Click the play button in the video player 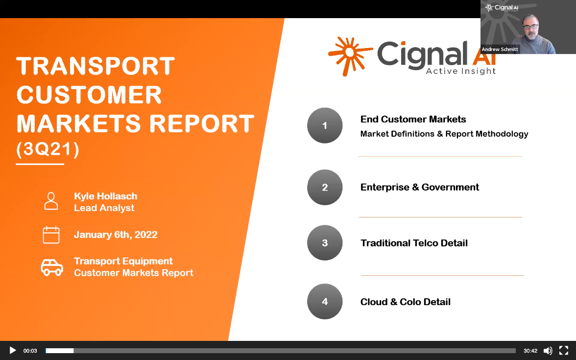[x=13, y=351]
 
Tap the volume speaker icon [x=548, y=351]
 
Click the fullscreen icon [x=563, y=351]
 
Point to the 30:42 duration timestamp [x=530, y=351]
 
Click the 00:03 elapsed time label [x=30, y=351]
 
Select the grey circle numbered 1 [x=325, y=125]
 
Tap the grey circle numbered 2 [x=325, y=187]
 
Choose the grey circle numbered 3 [x=325, y=243]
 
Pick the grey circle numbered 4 [x=325, y=302]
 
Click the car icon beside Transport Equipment [x=52, y=267]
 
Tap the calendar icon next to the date [x=51, y=235]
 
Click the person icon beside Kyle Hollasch [x=51, y=201]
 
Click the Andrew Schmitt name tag [x=500, y=49]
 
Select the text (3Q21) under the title [x=48, y=149]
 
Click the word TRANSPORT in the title [x=96, y=66]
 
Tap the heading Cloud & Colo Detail [x=406, y=302]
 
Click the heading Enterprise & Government [x=420, y=187]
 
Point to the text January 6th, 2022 [x=116, y=235]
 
